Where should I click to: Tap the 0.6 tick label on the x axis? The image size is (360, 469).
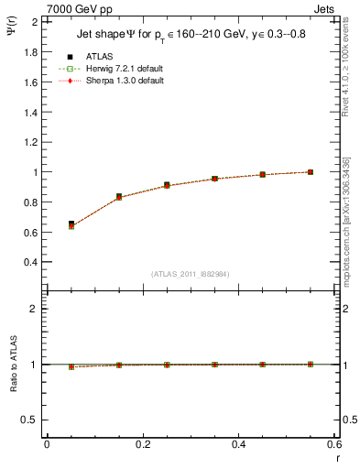(x=333, y=443)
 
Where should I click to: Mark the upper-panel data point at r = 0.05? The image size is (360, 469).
(x=47, y=224)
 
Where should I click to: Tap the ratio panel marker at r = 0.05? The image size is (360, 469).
(x=47, y=366)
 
